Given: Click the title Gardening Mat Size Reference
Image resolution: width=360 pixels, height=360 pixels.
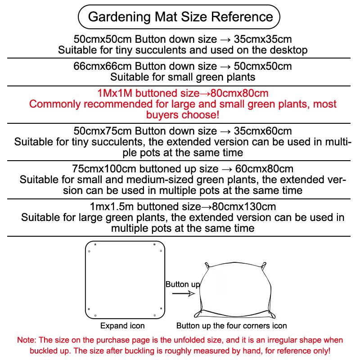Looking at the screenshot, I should coord(180,17).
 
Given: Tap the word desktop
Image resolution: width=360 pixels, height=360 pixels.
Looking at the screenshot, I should coord(284,49).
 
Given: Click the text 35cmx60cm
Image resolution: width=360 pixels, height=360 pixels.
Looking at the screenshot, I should coord(263,131).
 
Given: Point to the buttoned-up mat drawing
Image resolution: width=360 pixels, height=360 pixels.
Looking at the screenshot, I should coord(234,288).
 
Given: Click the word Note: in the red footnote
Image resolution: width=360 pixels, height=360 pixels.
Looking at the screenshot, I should coord(26,340).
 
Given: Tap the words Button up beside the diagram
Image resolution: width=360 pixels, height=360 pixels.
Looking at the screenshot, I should coord(183,284).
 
